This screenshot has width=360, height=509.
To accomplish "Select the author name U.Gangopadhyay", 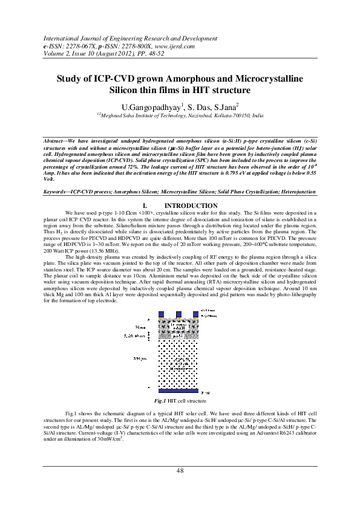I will [148, 107].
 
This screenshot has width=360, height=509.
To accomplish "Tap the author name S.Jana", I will [226, 107].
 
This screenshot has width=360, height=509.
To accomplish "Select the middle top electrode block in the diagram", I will [178, 314].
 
